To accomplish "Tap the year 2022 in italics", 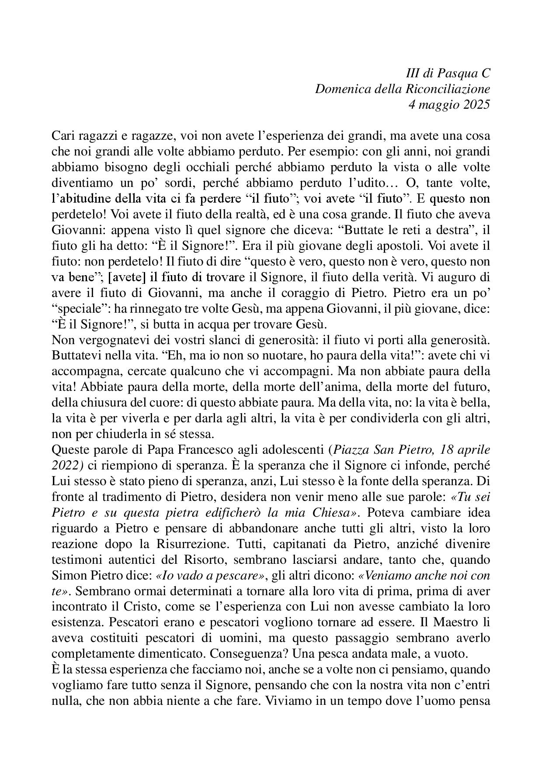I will [x=65, y=465].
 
